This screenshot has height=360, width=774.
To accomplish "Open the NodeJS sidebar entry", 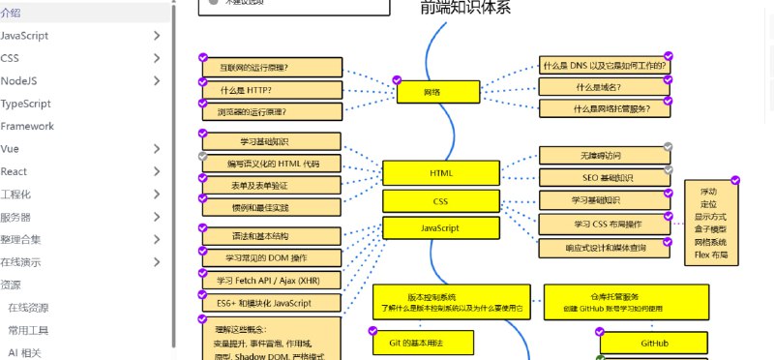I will (x=19, y=81).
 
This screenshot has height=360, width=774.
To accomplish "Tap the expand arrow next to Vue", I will (x=157, y=149).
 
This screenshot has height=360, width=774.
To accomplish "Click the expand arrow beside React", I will (x=157, y=171).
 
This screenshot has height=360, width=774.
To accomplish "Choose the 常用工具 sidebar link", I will (x=28, y=331).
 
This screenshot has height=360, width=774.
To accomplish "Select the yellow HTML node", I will (x=441, y=172).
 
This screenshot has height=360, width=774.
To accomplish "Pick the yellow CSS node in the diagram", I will (x=441, y=201).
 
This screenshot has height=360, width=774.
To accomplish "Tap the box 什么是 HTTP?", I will (x=272, y=90).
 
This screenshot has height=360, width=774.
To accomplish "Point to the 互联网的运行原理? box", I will (x=272, y=68).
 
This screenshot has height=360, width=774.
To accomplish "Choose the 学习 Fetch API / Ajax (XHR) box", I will (x=272, y=281).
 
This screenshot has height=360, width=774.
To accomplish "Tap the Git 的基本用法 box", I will (x=423, y=343).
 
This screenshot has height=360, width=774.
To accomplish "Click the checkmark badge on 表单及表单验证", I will (x=202, y=177).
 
